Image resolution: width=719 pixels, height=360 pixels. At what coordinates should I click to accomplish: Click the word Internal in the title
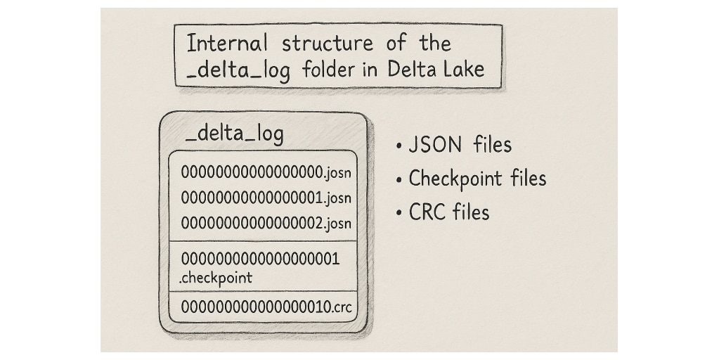coord(226,44)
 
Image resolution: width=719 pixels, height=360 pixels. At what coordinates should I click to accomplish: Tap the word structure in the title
coord(328,44)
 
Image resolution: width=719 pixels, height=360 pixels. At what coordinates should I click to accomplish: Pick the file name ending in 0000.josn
coord(266,172)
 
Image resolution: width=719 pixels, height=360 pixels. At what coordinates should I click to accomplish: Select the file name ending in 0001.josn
coord(266,198)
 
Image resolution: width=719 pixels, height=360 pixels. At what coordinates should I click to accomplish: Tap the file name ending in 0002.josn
coord(266,223)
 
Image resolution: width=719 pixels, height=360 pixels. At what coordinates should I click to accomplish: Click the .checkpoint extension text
coord(216,278)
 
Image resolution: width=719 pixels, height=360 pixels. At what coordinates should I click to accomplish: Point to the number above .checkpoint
coord(261,259)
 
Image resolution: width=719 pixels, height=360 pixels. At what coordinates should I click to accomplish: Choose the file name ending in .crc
coord(266,307)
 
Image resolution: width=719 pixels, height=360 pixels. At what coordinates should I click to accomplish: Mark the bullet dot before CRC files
coord(399,213)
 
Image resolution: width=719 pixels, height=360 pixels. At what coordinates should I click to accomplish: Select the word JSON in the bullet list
coord(435,145)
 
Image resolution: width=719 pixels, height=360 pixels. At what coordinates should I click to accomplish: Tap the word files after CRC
coord(471,212)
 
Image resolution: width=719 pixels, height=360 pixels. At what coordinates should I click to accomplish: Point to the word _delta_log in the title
coord(238,70)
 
